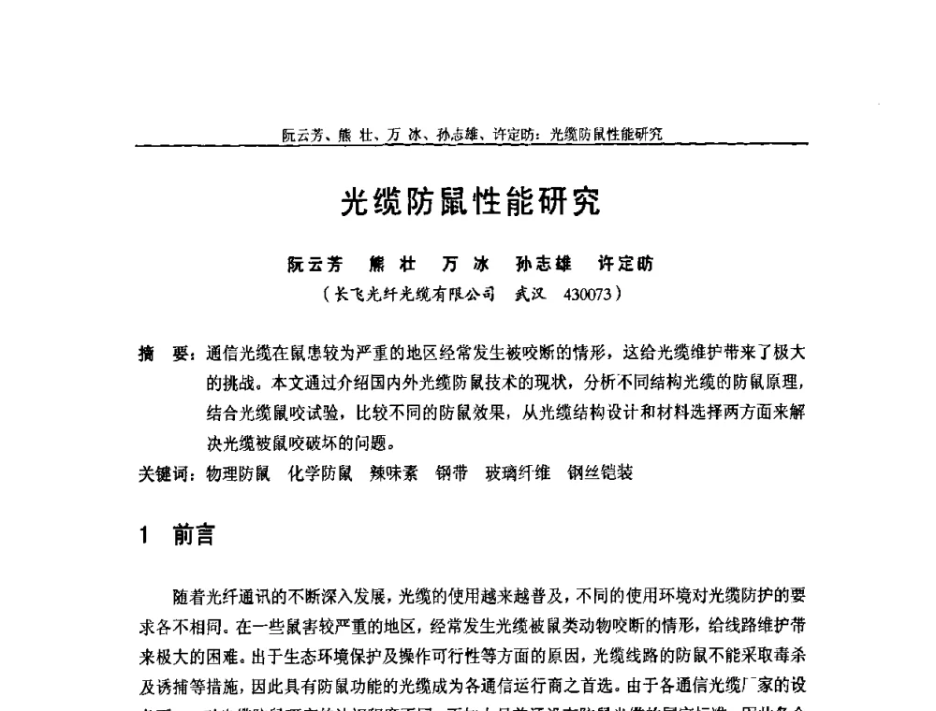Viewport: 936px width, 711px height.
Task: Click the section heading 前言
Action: point(194,536)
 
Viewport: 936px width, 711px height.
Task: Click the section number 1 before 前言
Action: point(144,536)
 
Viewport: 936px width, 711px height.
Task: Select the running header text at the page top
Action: point(472,133)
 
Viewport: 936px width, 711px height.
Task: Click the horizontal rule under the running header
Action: point(472,144)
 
